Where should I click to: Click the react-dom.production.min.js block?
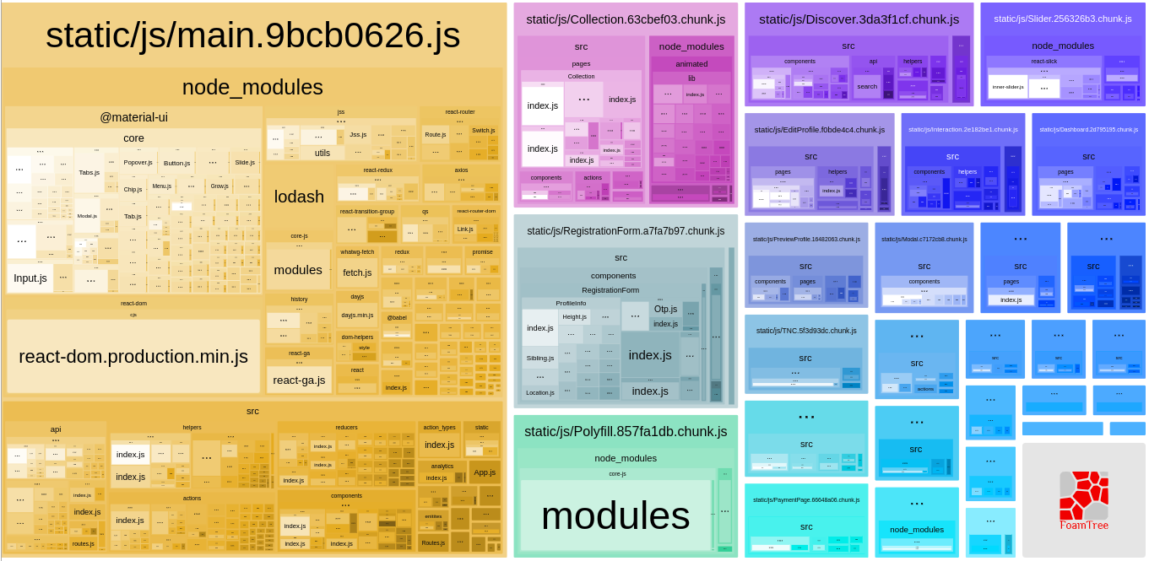point(133,356)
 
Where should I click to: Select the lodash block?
point(299,197)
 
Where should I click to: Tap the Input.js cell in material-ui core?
point(30,278)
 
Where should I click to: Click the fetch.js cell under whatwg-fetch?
point(357,272)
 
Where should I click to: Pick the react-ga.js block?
point(299,380)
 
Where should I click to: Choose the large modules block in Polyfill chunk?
point(615,516)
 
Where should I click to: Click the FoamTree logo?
point(1084,499)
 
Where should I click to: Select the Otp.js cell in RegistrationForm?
point(665,309)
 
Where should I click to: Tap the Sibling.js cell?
point(540,358)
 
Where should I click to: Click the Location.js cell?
point(540,392)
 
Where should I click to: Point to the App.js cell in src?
point(485,472)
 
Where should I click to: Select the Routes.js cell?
point(433,542)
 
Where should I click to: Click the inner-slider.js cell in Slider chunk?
point(1008,87)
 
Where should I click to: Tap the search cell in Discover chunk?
point(867,86)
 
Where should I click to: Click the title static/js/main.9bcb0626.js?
point(253,35)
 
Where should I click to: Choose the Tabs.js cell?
point(89,172)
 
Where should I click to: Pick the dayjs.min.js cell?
point(357,315)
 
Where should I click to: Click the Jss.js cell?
point(358,134)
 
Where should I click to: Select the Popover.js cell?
point(138,162)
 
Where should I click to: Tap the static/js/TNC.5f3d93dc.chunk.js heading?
point(806,330)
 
